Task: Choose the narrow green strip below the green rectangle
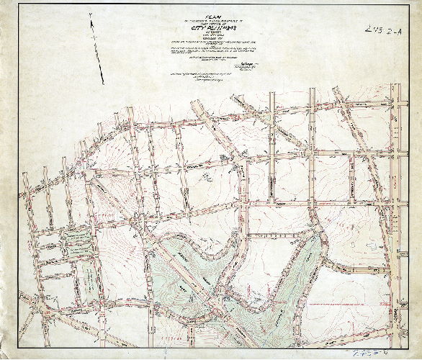coord(85,277)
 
